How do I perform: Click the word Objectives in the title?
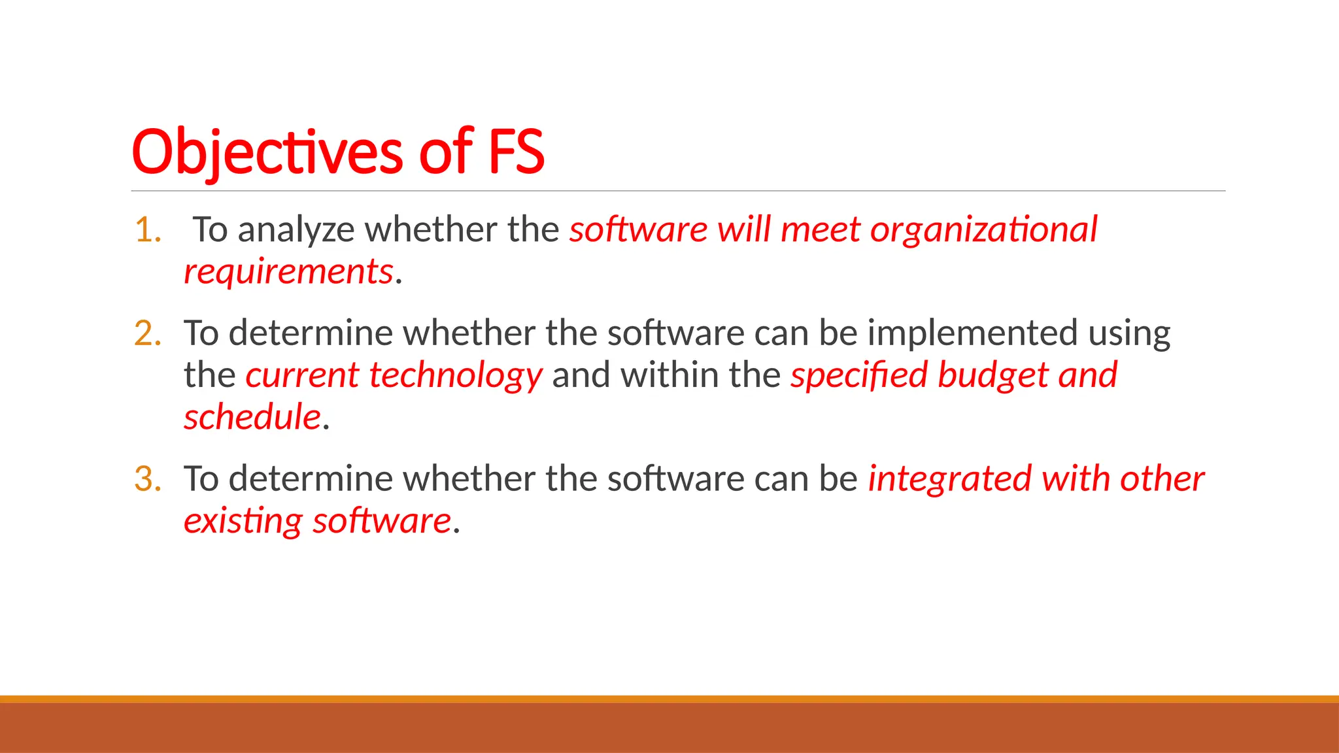pyautogui.click(x=267, y=153)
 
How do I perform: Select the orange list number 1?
pyautogui.click(x=148, y=230)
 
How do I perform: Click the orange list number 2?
pyautogui.click(x=148, y=333)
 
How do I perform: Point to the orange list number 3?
pyautogui.click(x=148, y=479)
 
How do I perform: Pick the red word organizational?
pyautogui.click(x=983, y=230)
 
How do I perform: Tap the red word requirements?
pyautogui.click(x=288, y=272)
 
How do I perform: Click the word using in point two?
pyautogui.click(x=1129, y=335)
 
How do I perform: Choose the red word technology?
pyautogui.click(x=456, y=376)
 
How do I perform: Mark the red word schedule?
pyautogui.click(x=252, y=417)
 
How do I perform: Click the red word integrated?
pyautogui.click(x=949, y=479)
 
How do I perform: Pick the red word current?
pyautogui.click(x=302, y=376)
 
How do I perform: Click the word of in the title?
pyautogui.click(x=446, y=152)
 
